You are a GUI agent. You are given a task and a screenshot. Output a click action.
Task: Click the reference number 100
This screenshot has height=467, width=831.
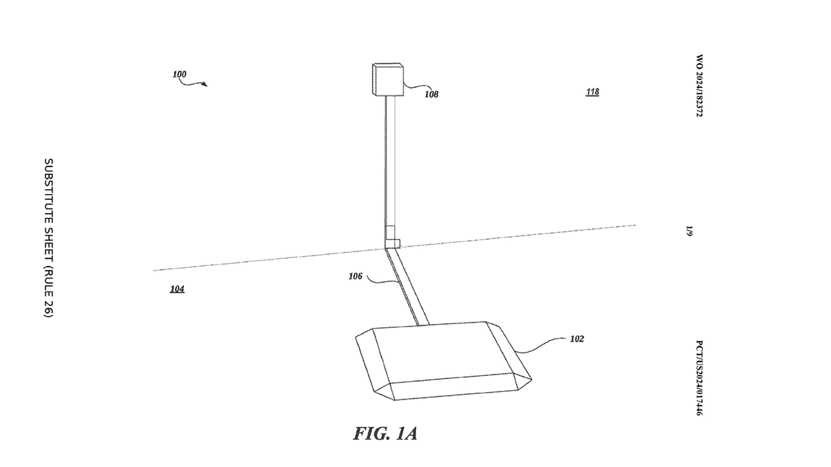tap(179, 75)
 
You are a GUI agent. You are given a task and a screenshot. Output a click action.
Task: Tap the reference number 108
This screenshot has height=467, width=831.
tap(431, 94)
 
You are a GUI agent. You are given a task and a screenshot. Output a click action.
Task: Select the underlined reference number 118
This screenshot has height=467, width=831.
tap(592, 92)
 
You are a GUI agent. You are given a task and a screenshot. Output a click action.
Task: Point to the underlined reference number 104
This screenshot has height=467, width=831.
tap(177, 289)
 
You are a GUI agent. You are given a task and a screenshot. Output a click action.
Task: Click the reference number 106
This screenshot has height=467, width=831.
tap(355, 277)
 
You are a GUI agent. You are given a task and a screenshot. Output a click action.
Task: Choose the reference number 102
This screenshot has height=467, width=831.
tap(577, 339)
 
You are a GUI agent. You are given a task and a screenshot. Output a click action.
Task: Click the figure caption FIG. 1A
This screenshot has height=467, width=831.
tap(385, 434)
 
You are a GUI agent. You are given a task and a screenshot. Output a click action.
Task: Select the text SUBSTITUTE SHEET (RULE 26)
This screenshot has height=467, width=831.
tap(48, 237)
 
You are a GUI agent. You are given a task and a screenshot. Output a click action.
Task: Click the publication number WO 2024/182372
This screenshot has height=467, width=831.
tap(699, 86)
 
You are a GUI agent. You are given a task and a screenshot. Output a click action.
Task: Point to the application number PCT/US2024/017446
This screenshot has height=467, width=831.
tap(699, 378)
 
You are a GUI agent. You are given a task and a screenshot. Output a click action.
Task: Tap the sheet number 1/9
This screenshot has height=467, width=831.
tap(689, 230)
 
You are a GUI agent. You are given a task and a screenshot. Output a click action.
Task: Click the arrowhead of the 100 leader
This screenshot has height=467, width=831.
tap(206, 85)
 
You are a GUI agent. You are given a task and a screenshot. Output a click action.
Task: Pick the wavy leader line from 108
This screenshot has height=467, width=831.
tap(414, 88)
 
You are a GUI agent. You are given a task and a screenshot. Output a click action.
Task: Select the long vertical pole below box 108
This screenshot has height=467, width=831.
tap(390, 161)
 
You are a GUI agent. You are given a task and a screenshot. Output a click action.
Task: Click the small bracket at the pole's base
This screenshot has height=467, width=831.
tap(393, 243)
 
